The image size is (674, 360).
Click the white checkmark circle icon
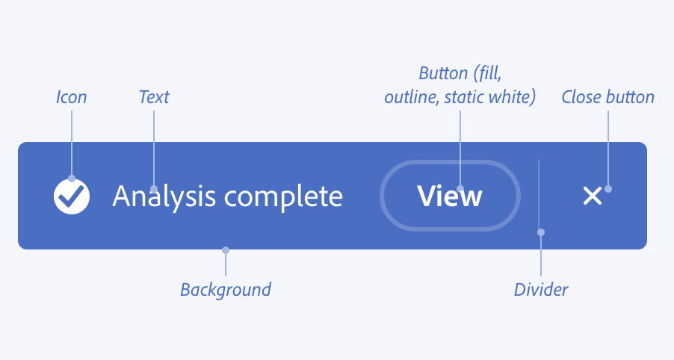(x=72, y=196)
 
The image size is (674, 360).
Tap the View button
(x=450, y=196)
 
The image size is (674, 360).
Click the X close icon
(x=592, y=196)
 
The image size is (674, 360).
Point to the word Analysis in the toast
(x=164, y=196)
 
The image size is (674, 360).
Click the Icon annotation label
(x=72, y=97)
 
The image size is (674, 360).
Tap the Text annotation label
(x=154, y=97)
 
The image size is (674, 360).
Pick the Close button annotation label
(x=607, y=97)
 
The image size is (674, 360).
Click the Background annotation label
(x=226, y=289)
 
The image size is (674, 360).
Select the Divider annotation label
(x=541, y=289)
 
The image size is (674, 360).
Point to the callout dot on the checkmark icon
(x=72, y=179)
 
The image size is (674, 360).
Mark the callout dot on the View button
(x=460, y=189)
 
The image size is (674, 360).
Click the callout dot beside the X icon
(x=608, y=189)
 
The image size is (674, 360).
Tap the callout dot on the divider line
(x=541, y=232)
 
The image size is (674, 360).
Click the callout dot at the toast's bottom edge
(x=226, y=250)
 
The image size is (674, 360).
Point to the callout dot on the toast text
(x=154, y=189)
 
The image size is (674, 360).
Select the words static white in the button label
(x=495, y=98)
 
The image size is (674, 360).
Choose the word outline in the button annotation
(x=410, y=98)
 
